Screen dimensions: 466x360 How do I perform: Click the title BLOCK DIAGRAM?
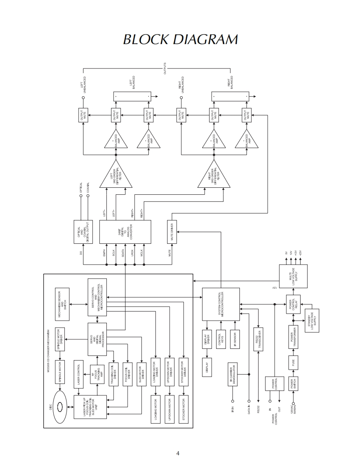180,39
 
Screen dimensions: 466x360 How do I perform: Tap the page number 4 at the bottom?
178,453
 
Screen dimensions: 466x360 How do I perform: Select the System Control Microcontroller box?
221,304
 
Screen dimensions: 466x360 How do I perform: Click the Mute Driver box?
172,231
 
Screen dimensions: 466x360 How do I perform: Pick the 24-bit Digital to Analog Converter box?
125,232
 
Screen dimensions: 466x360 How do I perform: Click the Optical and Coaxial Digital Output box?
83,232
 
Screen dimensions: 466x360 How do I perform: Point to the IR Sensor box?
235,339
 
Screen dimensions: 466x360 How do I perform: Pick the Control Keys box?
220,339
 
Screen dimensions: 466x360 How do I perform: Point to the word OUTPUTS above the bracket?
165,68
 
